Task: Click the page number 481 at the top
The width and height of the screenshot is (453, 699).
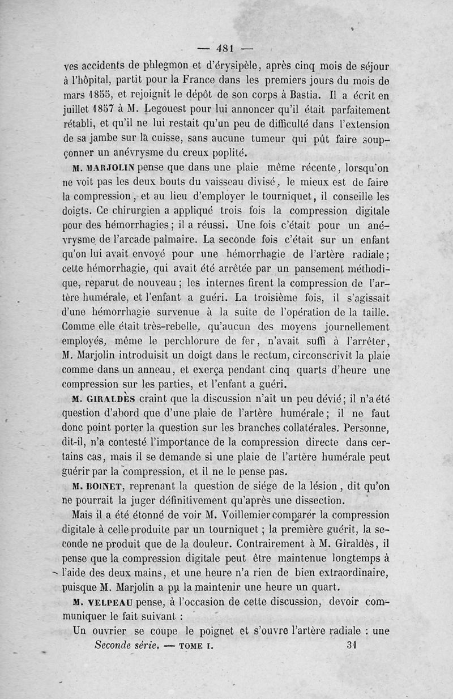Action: (x=226, y=48)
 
